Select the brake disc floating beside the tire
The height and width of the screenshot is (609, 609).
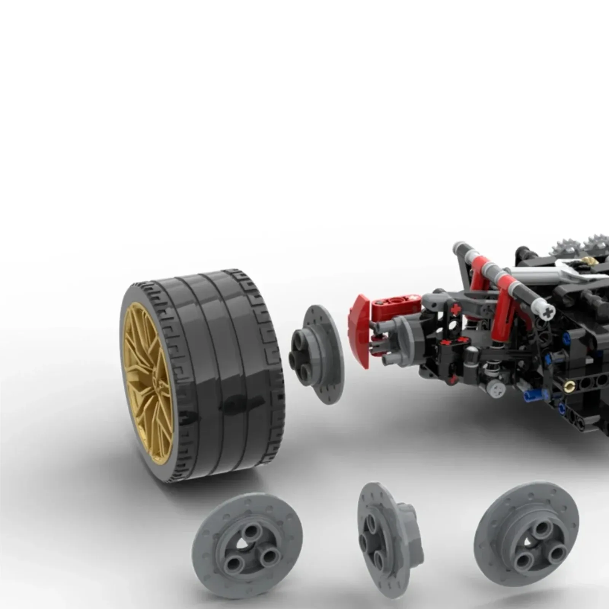[318, 354]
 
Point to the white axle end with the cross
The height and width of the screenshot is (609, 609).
[548, 313]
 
